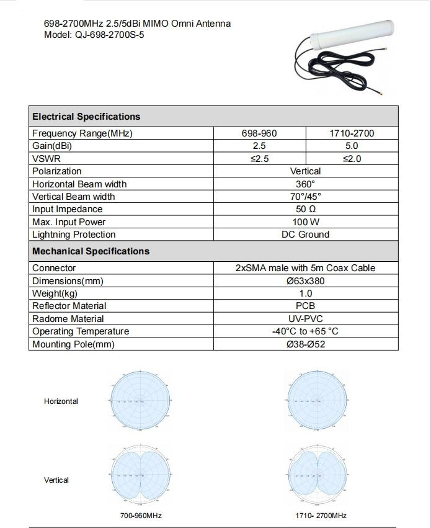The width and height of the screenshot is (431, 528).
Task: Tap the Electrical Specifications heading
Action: click(86, 117)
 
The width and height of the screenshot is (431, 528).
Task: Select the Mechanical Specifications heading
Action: click(91, 251)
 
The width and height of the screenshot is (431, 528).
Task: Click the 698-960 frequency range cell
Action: click(259, 133)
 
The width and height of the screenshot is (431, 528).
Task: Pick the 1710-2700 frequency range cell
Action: click(352, 133)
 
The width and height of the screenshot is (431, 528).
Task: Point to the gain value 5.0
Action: click(352, 146)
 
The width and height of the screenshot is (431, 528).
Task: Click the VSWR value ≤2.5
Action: click(259, 159)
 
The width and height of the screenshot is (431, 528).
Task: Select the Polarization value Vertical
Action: click(305, 171)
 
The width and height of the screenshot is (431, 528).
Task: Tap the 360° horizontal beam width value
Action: click(305, 184)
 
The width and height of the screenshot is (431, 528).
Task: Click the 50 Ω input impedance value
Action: click(305, 209)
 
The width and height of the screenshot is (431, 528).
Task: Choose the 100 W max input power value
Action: click(305, 222)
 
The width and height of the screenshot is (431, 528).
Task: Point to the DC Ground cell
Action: click(305, 235)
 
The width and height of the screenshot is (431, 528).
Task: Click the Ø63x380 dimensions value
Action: click(305, 281)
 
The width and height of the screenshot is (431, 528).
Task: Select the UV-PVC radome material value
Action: click(305, 319)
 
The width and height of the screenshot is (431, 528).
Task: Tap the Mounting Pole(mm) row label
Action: click(73, 344)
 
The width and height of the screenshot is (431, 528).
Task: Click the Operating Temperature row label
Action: click(81, 331)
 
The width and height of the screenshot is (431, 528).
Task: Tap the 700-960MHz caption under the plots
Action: click(141, 516)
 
